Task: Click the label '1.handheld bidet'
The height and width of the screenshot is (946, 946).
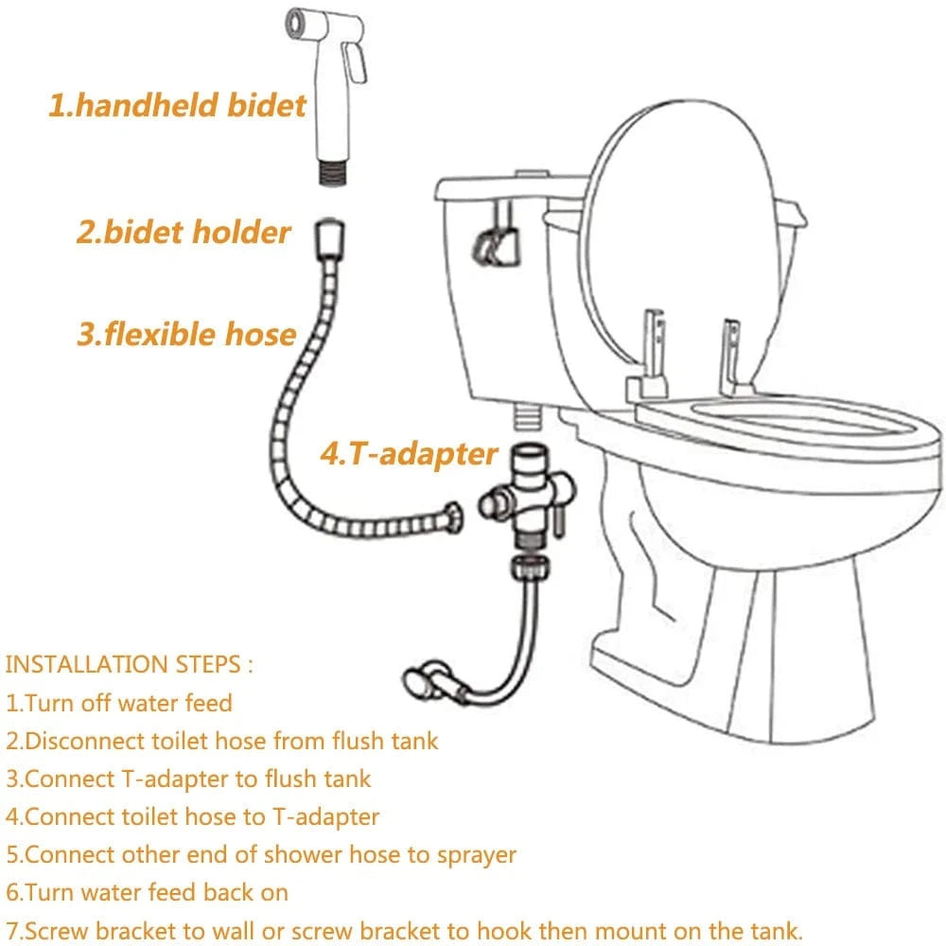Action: tap(178, 105)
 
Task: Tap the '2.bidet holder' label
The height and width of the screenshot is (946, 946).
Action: tap(184, 232)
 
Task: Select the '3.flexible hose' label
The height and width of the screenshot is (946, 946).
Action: tap(186, 333)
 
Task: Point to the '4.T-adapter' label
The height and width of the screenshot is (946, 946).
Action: tap(408, 453)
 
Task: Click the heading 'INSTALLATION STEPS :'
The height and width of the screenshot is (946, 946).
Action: tap(130, 663)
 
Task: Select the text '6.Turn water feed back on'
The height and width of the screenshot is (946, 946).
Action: tap(148, 892)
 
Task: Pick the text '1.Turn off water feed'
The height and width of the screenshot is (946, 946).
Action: tap(119, 703)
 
